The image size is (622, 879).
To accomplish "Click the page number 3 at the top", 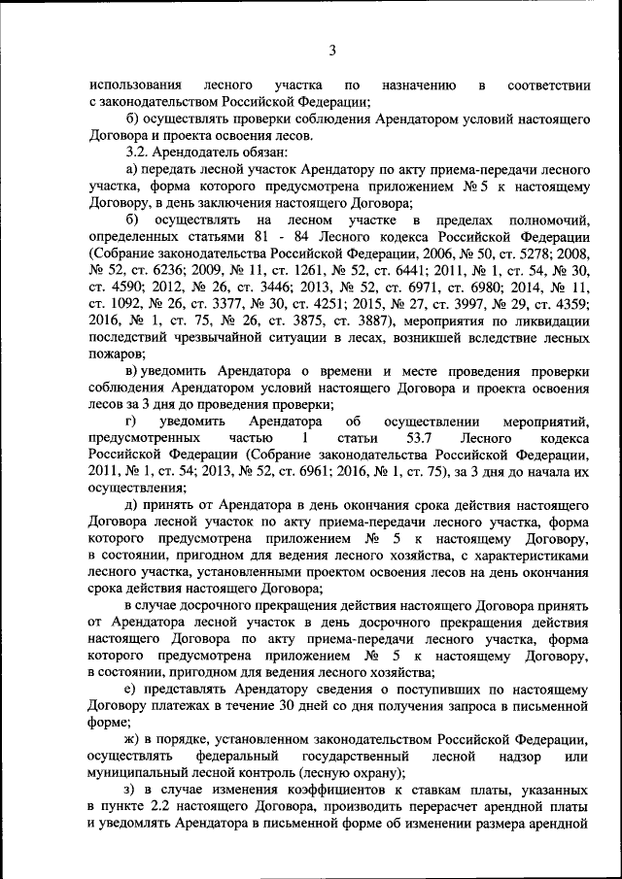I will tap(331, 51).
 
